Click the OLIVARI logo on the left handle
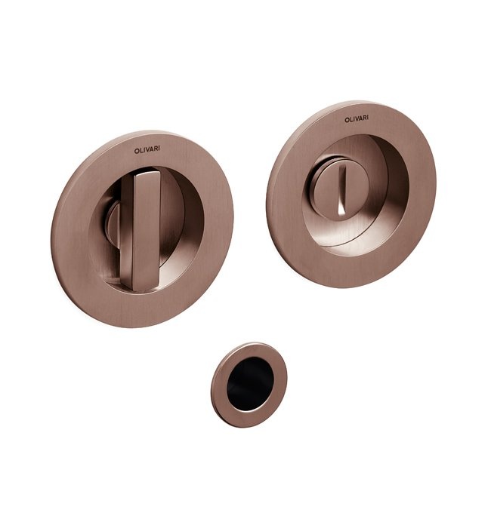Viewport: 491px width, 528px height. (x=147, y=150)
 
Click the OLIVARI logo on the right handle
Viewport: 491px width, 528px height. (x=357, y=119)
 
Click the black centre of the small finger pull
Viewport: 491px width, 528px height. (x=250, y=384)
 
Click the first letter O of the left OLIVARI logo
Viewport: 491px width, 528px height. (x=136, y=152)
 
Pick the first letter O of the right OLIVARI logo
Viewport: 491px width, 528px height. (x=346, y=120)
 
